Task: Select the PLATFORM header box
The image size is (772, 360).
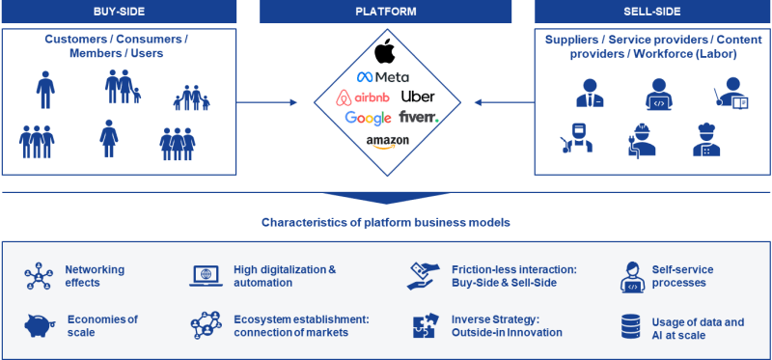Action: point(386,12)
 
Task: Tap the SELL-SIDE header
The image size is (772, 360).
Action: point(652,12)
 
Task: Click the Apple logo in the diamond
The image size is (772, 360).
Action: point(386,54)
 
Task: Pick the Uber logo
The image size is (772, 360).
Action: point(418,97)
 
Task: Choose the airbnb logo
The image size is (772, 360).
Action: point(363,97)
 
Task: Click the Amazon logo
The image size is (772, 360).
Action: point(387,141)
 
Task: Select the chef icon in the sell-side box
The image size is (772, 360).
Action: point(706,140)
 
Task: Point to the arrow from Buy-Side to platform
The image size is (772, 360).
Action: point(273,99)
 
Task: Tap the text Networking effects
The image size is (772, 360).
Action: point(95,277)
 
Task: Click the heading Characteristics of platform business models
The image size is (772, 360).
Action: point(386,223)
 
